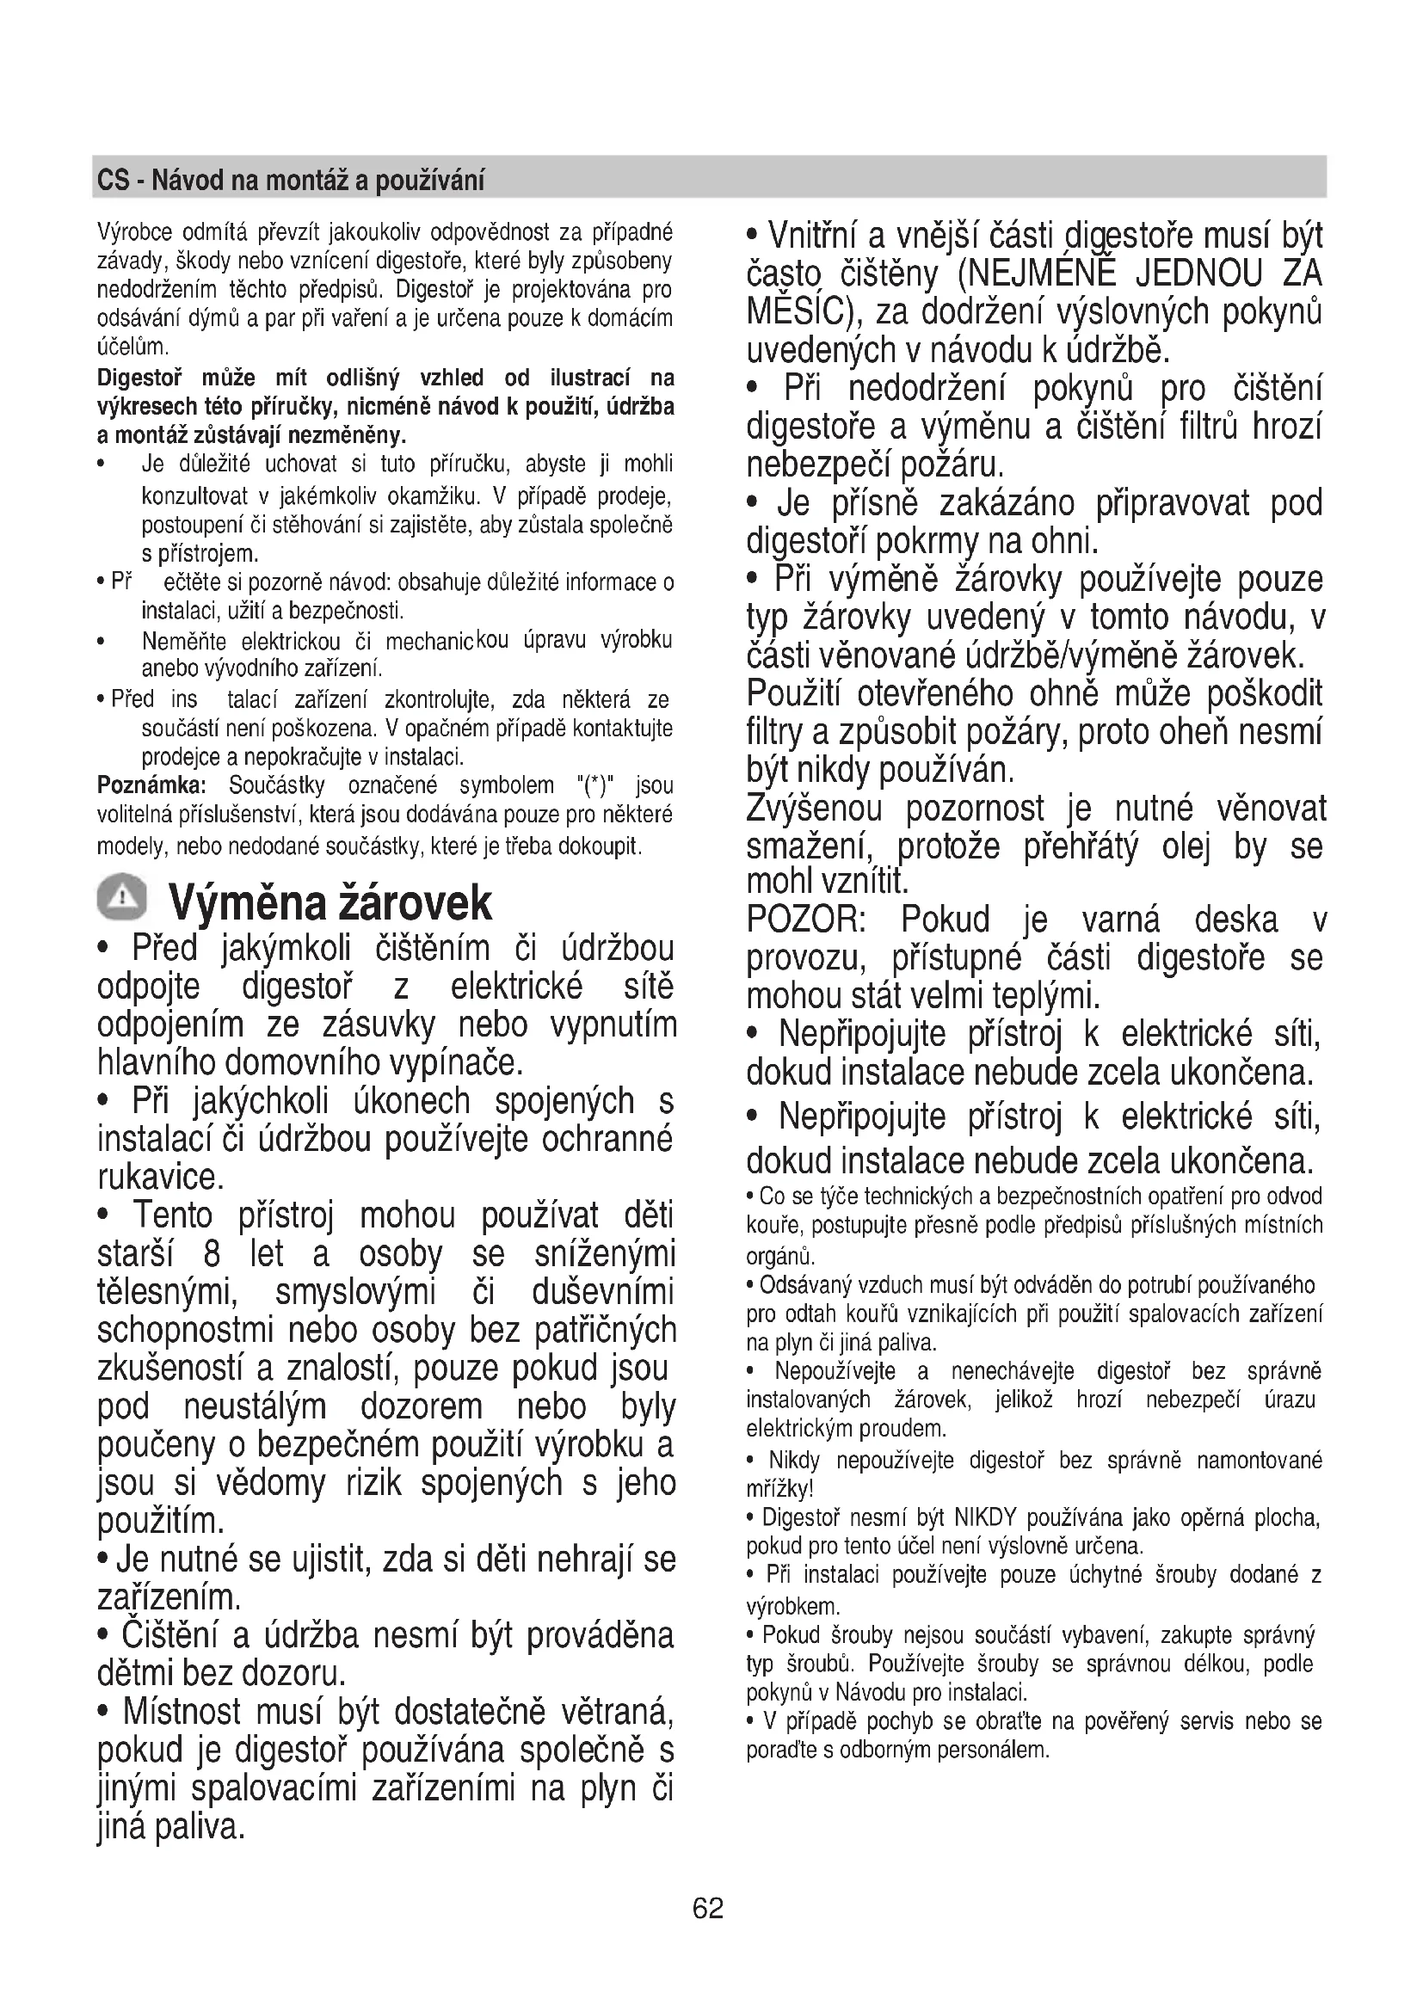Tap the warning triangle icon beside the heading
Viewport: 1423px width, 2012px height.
(124, 898)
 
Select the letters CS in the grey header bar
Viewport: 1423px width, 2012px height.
(113, 181)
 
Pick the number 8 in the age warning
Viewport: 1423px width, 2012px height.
(211, 1254)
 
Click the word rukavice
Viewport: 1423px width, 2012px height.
(160, 1177)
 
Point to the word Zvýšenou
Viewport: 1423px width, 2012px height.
(814, 809)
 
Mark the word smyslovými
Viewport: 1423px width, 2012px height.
(354, 1292)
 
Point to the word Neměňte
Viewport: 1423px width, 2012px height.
(184, 642)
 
